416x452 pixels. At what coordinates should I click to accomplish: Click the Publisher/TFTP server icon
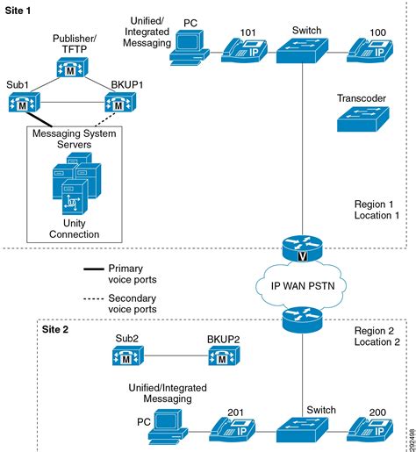(x=72, y=69)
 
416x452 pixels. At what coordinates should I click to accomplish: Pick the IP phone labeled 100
(x=369, y=49)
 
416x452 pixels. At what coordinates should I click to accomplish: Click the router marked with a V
(x=301, y=245)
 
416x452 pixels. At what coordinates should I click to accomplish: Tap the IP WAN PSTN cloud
(x=301, y=283)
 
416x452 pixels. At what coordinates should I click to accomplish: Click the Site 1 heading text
(x=18, y=8)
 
